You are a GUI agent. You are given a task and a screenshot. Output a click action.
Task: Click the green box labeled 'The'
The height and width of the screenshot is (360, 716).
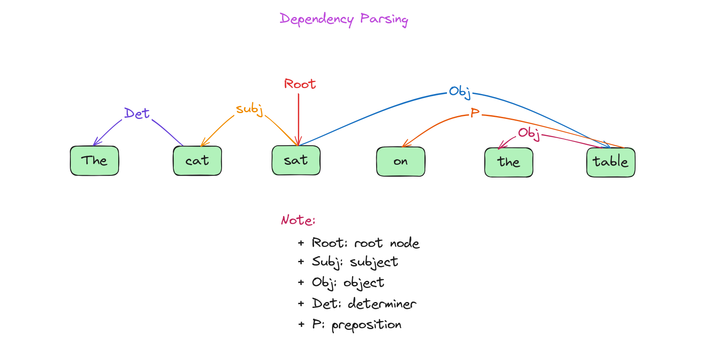(94, 161)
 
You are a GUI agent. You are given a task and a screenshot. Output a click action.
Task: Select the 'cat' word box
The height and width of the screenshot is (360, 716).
(197, 161)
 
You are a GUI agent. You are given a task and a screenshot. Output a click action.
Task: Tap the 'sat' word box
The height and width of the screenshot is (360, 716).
(296, 161)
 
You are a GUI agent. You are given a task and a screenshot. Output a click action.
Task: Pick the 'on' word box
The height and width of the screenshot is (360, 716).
(400, 161)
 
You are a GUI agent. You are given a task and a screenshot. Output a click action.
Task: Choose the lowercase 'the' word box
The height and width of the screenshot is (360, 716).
(508, 162)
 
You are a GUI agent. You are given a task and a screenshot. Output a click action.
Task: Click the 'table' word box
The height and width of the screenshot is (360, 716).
(611, 162)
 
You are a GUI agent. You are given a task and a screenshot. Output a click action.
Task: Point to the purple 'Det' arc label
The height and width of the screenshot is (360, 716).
(137, 114)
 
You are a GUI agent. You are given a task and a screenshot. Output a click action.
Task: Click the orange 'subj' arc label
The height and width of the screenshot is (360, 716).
(249, 109)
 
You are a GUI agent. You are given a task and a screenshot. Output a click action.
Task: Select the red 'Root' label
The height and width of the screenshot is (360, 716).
(300, 84)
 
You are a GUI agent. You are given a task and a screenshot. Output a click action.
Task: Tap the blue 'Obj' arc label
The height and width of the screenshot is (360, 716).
(460, 92)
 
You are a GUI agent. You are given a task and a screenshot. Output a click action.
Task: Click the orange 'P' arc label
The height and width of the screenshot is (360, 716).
(475, 112)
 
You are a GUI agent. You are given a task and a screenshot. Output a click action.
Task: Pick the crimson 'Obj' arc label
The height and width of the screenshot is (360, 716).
(529, 133)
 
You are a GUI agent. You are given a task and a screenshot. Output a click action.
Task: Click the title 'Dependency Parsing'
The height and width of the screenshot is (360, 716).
(344, 19)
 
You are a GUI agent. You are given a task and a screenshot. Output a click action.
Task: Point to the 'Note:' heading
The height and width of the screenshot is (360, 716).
(298, 220)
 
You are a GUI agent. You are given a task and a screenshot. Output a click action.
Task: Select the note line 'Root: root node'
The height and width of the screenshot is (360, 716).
(365, 243)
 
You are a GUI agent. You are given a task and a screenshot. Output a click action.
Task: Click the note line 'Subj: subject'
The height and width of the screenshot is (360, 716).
(355, 262)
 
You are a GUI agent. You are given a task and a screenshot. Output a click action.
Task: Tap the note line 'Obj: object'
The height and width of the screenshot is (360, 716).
(348, 283)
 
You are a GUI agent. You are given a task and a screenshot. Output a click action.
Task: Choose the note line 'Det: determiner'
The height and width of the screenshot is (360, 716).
(364, 304)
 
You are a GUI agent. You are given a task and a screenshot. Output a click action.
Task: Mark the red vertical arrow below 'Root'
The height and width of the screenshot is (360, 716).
(299, 119)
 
